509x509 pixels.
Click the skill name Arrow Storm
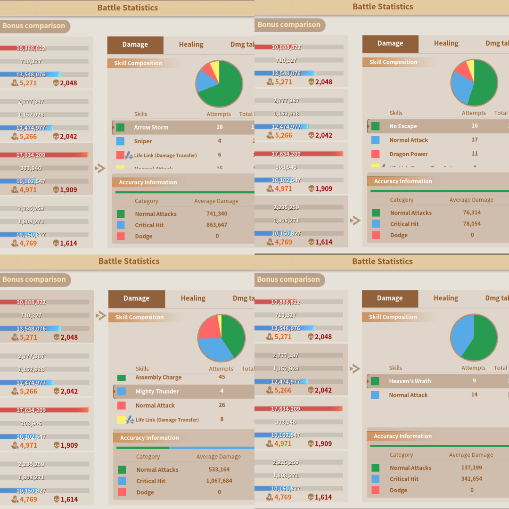[151, 127]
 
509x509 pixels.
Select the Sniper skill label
[143, 141]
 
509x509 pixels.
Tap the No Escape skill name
[403, 126]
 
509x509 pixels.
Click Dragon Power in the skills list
[409, 154]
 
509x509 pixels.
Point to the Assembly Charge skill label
[158, 378]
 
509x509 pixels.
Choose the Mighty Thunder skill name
[157, 391]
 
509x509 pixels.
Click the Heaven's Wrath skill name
[410, 381]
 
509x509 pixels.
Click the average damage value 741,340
[217, 214]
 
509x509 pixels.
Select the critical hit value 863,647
[217, 225]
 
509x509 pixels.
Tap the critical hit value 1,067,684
[219, 481]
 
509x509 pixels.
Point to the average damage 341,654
[472, 479]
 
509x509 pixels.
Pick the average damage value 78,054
[472, 224]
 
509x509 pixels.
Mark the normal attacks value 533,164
[219, 469]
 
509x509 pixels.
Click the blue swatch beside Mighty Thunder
[121, 391]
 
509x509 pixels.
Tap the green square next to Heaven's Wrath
[375, 381]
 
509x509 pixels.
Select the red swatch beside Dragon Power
[376, 154]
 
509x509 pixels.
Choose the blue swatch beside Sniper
[120, 141]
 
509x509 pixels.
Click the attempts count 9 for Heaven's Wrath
[474, 381]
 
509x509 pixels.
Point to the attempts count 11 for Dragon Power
[475, 154]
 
